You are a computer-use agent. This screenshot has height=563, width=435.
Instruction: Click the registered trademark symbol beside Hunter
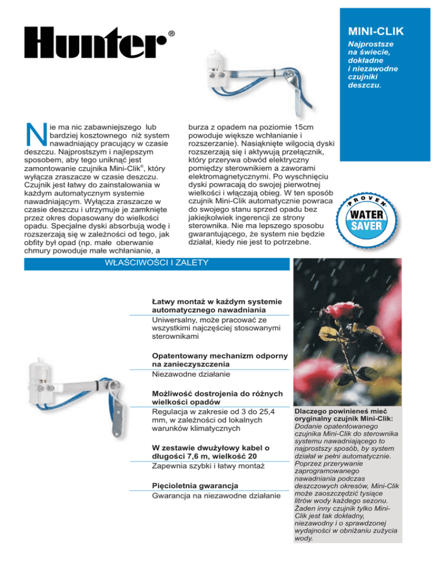click(x=171, y=33)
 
